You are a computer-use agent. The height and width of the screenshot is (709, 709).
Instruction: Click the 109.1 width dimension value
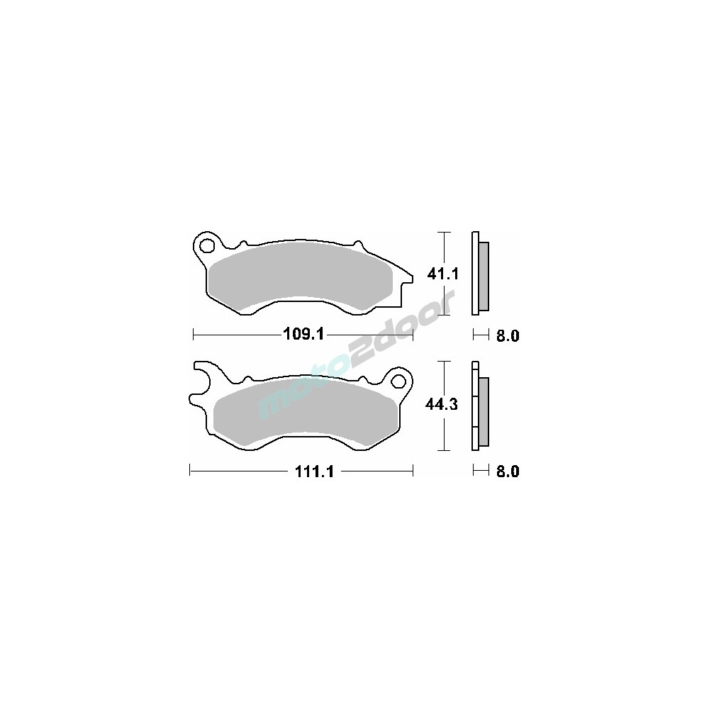pyautogui.click(x=303, y=335)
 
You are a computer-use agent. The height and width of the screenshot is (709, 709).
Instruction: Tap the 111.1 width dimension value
pyautogui.click(x=314, y=471)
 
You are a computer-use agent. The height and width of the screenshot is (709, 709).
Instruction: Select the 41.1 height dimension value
pyautogui.click(x=443, y=274)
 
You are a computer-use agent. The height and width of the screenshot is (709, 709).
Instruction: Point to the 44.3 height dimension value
pyautogui.click(x=442, y=404)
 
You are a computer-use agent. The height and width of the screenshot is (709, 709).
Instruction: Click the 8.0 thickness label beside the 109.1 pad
pyautogui.click(x=508, y=335)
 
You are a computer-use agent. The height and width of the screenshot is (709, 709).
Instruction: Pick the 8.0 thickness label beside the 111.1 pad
pyautogui.click(x=508, y=471)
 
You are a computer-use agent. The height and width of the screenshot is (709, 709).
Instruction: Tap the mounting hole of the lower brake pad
pyautogui.click(x=398, y=381)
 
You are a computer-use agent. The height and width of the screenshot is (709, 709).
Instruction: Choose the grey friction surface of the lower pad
pyautogui.click(x=304, y=411)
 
